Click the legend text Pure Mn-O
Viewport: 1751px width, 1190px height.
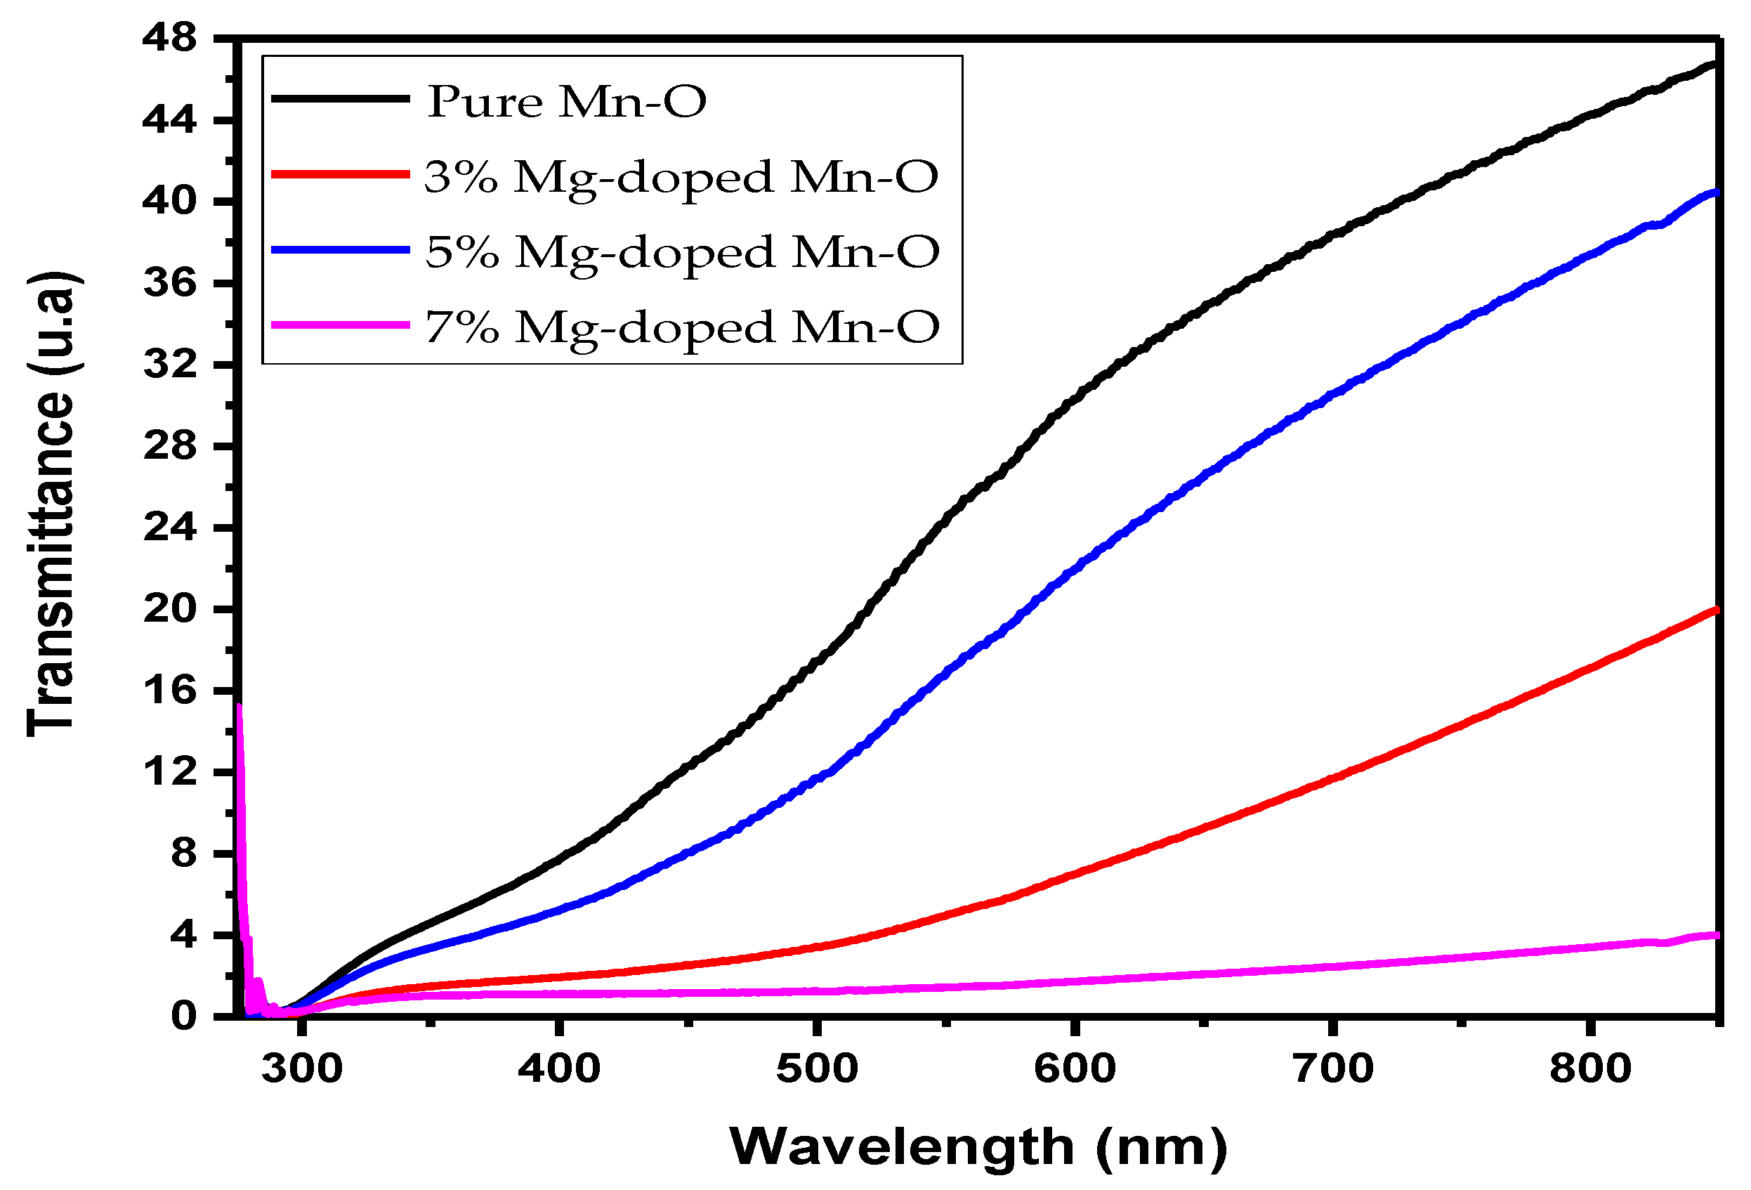(567, 101)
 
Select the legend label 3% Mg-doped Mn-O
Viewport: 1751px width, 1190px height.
(681, 177)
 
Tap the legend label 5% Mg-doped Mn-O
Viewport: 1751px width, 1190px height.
(682, 251)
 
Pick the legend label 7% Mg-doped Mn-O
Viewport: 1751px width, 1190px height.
(682, 327)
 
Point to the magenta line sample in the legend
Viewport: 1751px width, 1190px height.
(340, 325)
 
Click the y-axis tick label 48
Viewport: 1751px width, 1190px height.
(169, 38)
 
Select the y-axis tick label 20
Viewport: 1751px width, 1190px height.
(169, 609)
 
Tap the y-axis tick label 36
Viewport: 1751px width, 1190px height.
(169, 283)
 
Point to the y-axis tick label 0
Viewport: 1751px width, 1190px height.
(183, 1016)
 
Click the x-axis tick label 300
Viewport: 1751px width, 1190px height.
(301, 1068)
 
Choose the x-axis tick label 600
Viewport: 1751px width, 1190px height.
(1075, 1068)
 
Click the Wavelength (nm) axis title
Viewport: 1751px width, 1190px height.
(978, 1147)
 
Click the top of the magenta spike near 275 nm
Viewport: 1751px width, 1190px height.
(239, 706)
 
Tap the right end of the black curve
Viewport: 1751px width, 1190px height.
(1716, 64)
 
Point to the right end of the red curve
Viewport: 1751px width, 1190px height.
(1717, 609)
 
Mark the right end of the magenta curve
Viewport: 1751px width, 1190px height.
(1717, 935)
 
